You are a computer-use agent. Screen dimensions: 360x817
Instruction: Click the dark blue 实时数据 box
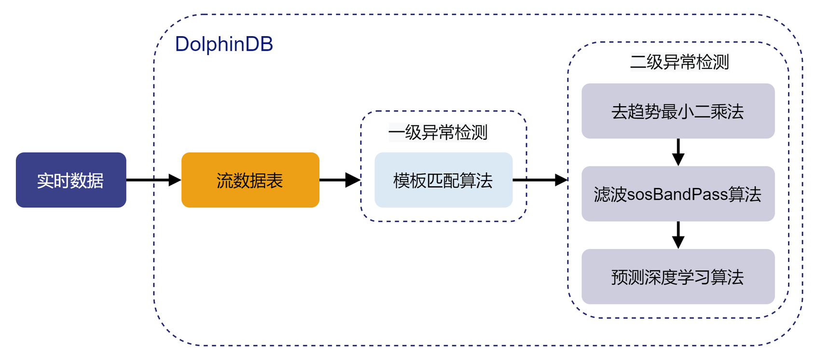pos(71,180)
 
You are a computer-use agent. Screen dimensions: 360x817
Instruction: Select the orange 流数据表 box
pos(250,180)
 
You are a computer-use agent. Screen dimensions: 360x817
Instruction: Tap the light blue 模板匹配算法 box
pos(443,180)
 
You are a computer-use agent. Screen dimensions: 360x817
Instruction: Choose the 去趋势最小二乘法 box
pos(678,111)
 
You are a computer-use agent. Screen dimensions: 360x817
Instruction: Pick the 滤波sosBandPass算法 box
pos(678,194)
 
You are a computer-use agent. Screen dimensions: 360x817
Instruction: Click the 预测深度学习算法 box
pos(678,277)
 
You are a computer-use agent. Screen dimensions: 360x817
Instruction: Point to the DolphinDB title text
pos(224,44)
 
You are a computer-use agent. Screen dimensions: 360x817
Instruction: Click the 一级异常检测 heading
pos(438,132)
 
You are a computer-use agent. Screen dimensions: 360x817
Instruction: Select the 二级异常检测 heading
pos(679,62)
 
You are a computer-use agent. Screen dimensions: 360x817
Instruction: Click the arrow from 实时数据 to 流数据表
pos(152,180)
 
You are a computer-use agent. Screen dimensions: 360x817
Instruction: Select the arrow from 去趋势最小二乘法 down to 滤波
pos(678,152)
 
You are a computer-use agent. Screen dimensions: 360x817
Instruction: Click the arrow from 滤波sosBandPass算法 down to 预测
pos(678,235)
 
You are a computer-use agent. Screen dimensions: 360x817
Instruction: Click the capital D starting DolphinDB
pos(182,44)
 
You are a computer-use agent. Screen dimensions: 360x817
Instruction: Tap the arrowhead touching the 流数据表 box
pos(175,180)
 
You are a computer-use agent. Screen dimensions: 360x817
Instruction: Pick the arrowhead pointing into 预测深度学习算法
pos(678,242)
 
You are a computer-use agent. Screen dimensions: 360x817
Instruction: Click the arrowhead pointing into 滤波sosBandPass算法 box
pos(678,159)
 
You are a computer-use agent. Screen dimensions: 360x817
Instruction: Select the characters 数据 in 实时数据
pos(87,180)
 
